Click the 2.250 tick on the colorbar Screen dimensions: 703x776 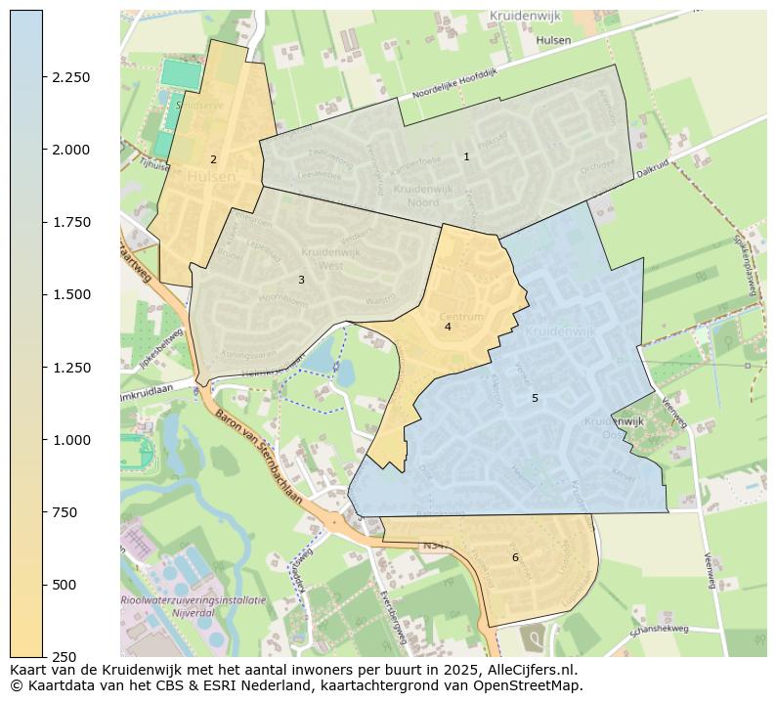point(70,77)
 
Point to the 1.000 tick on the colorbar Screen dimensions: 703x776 point(70,440)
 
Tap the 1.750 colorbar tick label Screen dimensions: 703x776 point(70,222)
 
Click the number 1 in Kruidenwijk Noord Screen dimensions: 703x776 point(466,156)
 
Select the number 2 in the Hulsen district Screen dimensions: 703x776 point(213,159)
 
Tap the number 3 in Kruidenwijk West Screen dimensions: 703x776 point(301,280)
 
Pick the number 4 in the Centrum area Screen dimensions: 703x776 point(448,327)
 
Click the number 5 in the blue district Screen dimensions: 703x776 point(535,398)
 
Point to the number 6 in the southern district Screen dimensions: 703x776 point(515,557)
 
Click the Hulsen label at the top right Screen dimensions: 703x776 point(553,40)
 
